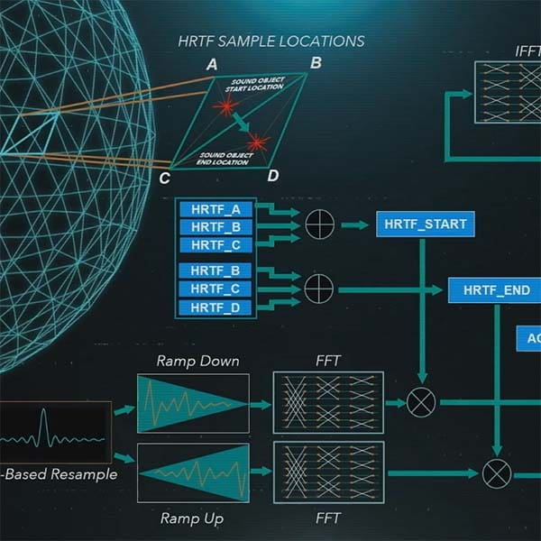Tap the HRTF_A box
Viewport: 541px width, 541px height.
(x=216, y=208)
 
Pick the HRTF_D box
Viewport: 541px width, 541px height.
(x=216, y=308)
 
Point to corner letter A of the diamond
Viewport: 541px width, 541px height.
(x=212, y=64)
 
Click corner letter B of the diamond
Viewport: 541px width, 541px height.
(x=316, y=63)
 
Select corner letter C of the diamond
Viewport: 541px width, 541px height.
(x=165, y=178)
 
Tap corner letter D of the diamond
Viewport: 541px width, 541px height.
(x=272, y=174)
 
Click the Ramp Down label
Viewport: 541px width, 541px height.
(x=197, y=362)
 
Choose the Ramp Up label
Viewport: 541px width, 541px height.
(x=191, y=518)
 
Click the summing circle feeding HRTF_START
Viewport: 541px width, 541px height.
(x=319, y=224)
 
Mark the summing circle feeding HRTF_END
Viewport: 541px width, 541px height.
(x=319, y=289)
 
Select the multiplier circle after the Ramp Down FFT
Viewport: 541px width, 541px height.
(x=421, y=403)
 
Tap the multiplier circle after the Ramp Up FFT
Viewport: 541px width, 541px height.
(x=495, y=472)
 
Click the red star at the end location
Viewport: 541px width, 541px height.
(x=259, y=142)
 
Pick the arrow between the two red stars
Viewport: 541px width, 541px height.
(x=241, y=124)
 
